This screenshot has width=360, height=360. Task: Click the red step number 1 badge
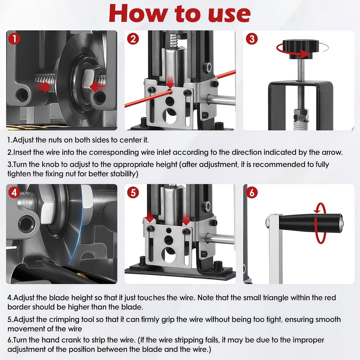pos(14,39)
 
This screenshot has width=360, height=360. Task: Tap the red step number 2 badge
pos(133,39)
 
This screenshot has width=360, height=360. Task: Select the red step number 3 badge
pos(252,39)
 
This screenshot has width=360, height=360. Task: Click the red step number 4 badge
pos(14,193)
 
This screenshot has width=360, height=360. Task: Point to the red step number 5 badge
pos(133,193)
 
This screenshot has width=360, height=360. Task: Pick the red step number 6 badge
pos(252,193)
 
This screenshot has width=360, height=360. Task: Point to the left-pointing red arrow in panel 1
pos(96,87)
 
